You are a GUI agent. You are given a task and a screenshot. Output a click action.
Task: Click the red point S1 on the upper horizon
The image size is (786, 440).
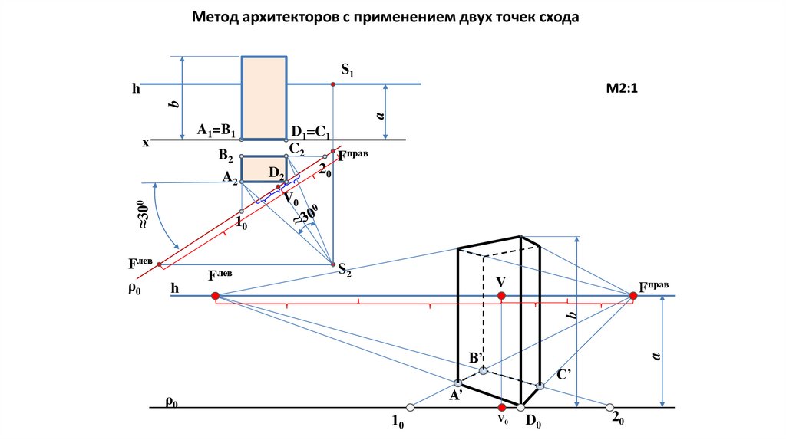pos(332,84)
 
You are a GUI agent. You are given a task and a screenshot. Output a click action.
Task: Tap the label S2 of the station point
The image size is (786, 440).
pos(345,270)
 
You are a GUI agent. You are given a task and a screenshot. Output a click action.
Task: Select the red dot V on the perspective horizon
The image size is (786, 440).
pos(501,295)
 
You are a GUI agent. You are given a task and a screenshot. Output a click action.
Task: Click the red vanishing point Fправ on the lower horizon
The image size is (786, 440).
pos(633,295)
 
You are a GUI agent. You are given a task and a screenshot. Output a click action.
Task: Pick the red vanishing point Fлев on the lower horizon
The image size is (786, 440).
pos(215,295)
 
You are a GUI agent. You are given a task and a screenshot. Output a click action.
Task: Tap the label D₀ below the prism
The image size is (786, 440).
pos(533,421)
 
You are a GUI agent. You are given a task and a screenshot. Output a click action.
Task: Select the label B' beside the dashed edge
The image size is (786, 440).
pos(475,358)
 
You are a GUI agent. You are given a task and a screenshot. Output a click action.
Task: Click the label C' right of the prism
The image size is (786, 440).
pos(564,374)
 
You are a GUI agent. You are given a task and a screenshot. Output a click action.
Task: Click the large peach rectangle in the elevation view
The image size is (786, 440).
pos(265,97)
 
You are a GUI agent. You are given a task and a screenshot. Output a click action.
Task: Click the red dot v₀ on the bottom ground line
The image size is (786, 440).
pos(501,407)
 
